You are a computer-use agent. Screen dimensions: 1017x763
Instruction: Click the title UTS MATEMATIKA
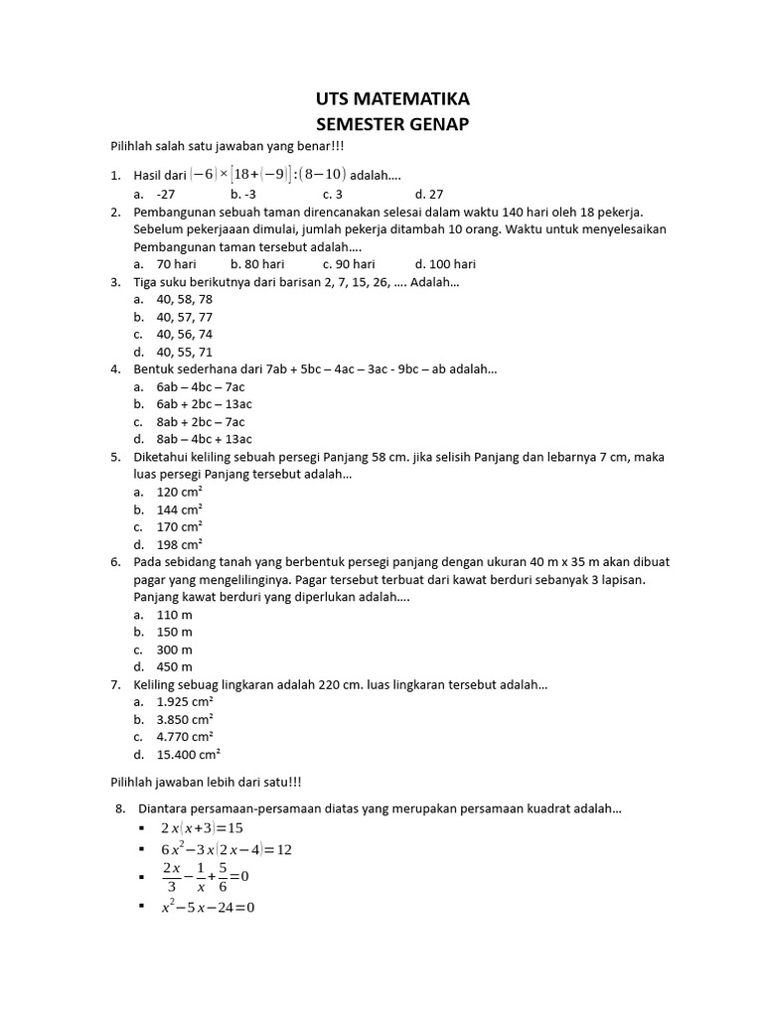tap(391, 99)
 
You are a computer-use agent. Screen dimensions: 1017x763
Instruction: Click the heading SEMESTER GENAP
tap(391, 124)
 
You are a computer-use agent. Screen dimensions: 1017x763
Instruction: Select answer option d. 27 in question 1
tap(429, 194)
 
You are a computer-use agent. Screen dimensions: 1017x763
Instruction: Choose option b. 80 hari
tap(257, 264)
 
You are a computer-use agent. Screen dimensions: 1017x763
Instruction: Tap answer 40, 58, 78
tap(185, 299)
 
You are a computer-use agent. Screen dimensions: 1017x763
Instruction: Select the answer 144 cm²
tap(180, 509)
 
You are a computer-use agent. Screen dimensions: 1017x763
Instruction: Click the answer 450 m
tap(175, 666)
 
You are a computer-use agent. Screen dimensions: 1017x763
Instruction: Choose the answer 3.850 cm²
tap(185, 719)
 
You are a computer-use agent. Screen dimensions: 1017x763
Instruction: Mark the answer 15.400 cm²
tap(188, 754)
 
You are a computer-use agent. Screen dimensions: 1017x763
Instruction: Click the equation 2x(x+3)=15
tap(202, 827)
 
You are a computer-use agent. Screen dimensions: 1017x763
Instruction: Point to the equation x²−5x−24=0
tap(208, 907)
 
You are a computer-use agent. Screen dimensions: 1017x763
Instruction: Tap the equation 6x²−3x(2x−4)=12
tap(227, 850)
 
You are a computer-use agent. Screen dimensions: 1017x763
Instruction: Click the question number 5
tap(115, 457)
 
